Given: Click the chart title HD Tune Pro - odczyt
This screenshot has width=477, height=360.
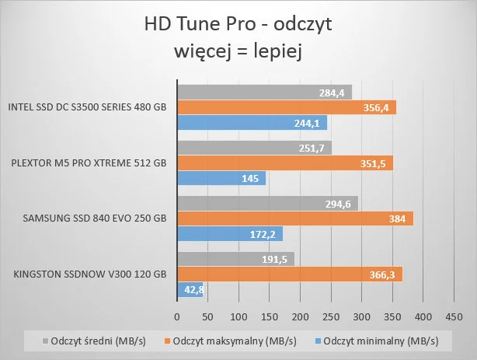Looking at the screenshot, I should (238, 24).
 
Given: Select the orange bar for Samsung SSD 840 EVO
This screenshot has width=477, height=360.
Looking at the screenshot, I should (295, 218).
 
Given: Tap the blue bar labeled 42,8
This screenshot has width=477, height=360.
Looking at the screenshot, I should (190, 290).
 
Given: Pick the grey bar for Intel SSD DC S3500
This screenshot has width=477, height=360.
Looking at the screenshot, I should (264, 93).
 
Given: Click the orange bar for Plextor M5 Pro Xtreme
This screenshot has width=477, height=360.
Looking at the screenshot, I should (285, 163).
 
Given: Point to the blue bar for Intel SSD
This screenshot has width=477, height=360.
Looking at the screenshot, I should (252, 123).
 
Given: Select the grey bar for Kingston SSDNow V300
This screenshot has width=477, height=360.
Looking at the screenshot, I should (235, 259).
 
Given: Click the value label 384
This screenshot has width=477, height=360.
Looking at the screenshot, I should (398, 219).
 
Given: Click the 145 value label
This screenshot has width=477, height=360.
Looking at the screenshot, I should (252, 178).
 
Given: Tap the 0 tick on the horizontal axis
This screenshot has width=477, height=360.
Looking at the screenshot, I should (177, 316).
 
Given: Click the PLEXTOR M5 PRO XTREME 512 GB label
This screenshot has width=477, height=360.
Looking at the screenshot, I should (89, 163).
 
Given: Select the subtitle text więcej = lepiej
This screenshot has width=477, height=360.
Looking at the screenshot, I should (238, 53).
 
